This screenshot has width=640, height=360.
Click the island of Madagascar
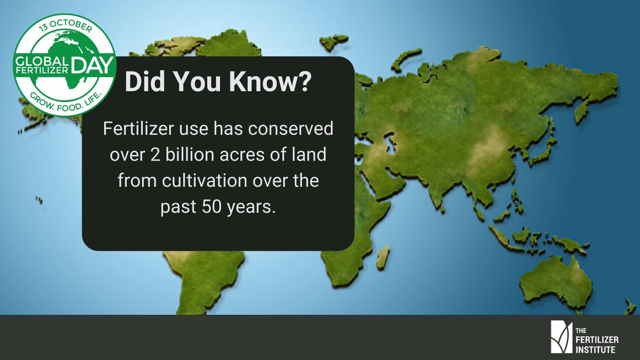point(382,257)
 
